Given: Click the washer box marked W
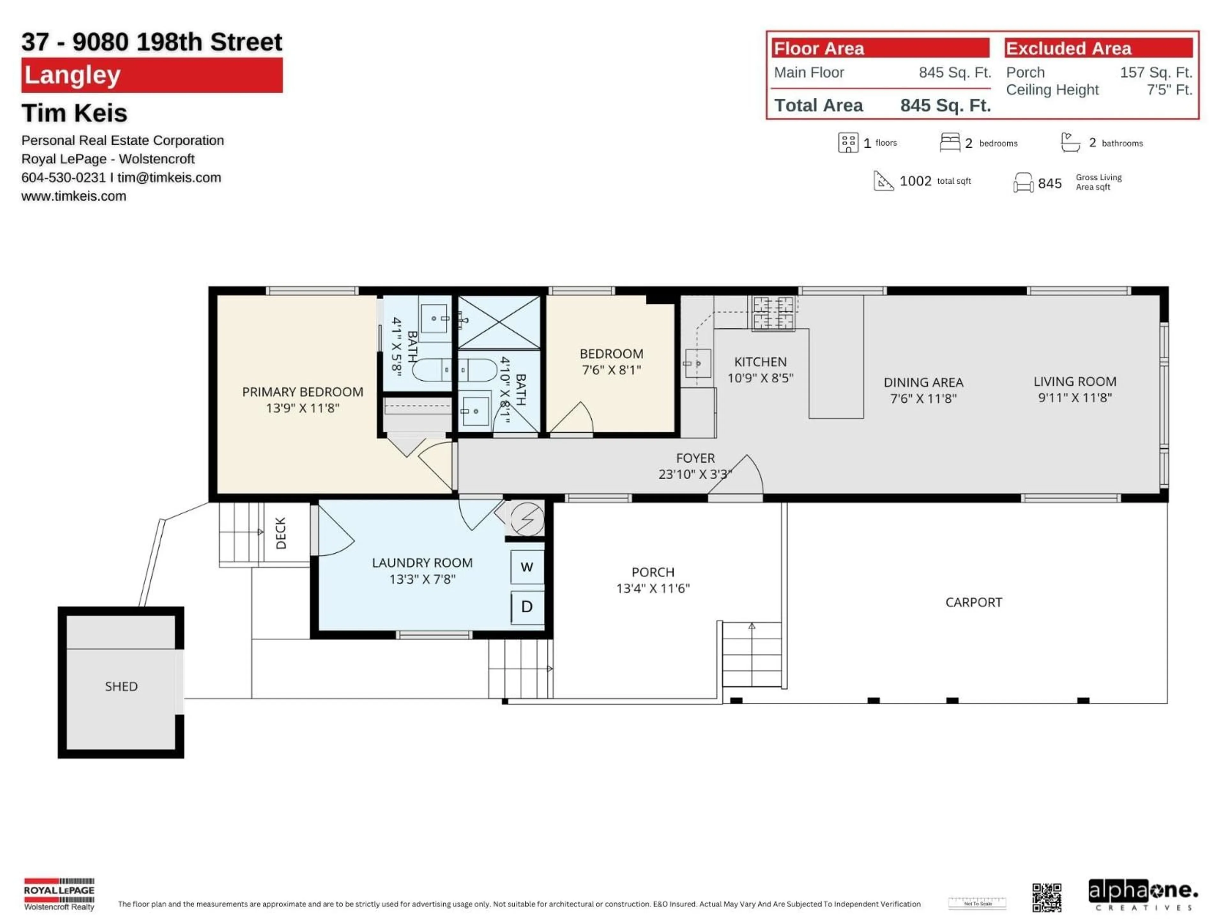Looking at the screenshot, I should pyautogui.click(x=526, y=567).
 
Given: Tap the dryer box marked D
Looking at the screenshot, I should pyautogui.click(x=526, y=607).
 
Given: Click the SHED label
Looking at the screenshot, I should pyautogui.click(x=121, y=686).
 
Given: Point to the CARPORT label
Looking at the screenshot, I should pyautogui.click(x=973, y=602).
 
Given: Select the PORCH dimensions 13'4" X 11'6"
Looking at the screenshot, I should pyautogui.click(x=653, y=588).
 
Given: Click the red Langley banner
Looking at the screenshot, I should pyautogui.click(x=152, y=75).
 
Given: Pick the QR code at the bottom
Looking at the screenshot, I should pyautogui.click(x=1047, y=897).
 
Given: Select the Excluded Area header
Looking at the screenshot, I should pyautogui.click(x=1098, y=48).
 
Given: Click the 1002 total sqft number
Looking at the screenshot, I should pyautogui.click(x=915, y=181).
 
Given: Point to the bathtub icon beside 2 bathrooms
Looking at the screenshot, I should pyautogui.click(x=1070, y=142).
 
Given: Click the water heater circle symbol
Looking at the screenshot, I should pyautogui.click(x=526, y=519).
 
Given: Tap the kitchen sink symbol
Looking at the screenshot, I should pyautogui.click(x=697, y=363).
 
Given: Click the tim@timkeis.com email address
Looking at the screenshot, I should pyautogui.click(x=169, y=177).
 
